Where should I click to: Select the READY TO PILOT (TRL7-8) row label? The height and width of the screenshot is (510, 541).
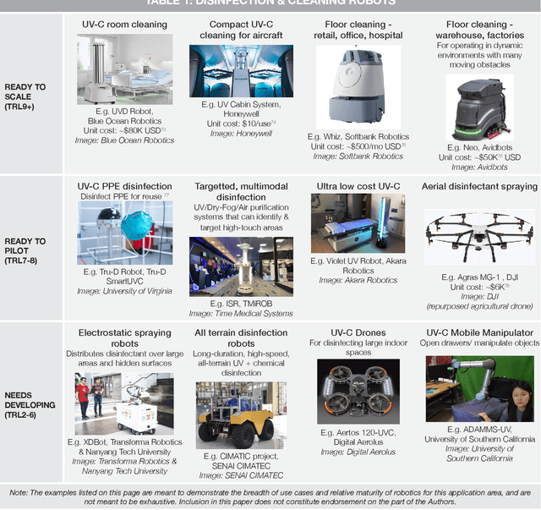(x=25, y=246)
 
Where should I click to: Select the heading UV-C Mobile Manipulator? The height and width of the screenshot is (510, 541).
(x=480, y=333)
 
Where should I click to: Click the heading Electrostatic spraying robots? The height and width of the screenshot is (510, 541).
(x=124, y=338)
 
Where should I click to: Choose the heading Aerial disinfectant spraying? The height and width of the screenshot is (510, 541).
(x=479, y=186)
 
